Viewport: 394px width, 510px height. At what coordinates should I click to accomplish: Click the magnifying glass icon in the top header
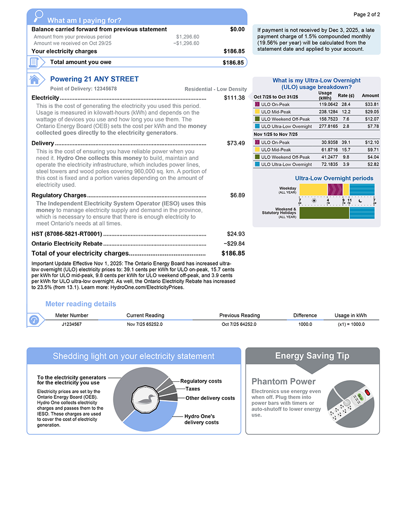pyautogui.click(x=39, y=16)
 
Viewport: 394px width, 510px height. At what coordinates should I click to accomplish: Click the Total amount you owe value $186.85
pyautogui.click(x=233, y=62)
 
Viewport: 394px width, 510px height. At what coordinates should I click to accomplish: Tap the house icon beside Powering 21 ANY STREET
pyautogui.click(x=34, y=79)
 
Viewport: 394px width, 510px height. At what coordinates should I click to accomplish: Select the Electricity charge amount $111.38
pyautogui.click(x=234, y=98)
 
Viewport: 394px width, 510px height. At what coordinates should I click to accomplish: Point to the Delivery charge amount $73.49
pyautogui.click(x=236, y=143)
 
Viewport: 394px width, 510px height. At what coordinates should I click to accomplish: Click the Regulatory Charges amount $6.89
pyautogui.click(x=237, y=195)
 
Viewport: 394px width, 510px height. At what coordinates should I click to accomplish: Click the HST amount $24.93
pyautogui.click(x=236, y=234)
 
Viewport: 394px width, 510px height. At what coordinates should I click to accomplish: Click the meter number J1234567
pyautogui.click(x=72, y=324)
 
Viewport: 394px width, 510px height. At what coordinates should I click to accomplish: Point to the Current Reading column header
pyautogui.click(x=145, y=315)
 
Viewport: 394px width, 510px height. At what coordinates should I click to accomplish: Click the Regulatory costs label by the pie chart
pyautogui.click(x=201, y=381)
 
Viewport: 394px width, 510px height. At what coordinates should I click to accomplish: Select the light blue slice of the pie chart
pyautogui.click(x=149, y=421)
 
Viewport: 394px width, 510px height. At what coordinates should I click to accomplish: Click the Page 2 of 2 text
pyautogui.click(x=367, y=14)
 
